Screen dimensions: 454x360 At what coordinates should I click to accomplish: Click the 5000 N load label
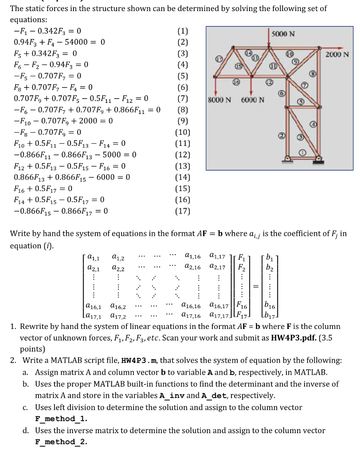[284, 35]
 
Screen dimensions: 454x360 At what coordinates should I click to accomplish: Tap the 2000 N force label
[337, 55]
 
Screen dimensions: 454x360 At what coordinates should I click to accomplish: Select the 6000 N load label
[253, 99]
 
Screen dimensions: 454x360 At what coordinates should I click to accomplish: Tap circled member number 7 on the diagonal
[304, 84]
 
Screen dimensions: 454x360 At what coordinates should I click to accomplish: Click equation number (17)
[183, 211]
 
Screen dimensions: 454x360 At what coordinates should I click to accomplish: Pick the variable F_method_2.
[61, 442]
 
